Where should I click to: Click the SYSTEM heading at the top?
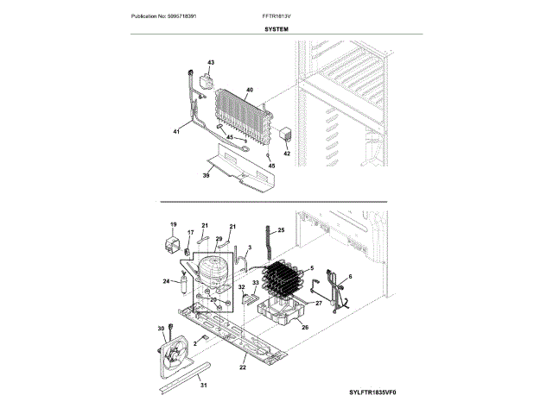(276, 30)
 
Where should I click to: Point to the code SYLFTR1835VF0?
(377, 392)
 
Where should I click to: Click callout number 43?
(210, 62)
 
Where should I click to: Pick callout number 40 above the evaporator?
(250, 90)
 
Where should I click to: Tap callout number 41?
(176, 132)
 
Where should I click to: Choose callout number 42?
(287, 154)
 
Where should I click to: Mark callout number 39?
(206, 176)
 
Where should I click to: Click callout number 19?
(172, 224)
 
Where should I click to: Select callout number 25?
(281, 231)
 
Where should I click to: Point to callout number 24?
(166, 281)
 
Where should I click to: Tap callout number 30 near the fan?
(160, 329)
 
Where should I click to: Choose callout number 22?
(243, 368)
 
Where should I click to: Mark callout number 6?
(350, 277)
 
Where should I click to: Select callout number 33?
(256, 283)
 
